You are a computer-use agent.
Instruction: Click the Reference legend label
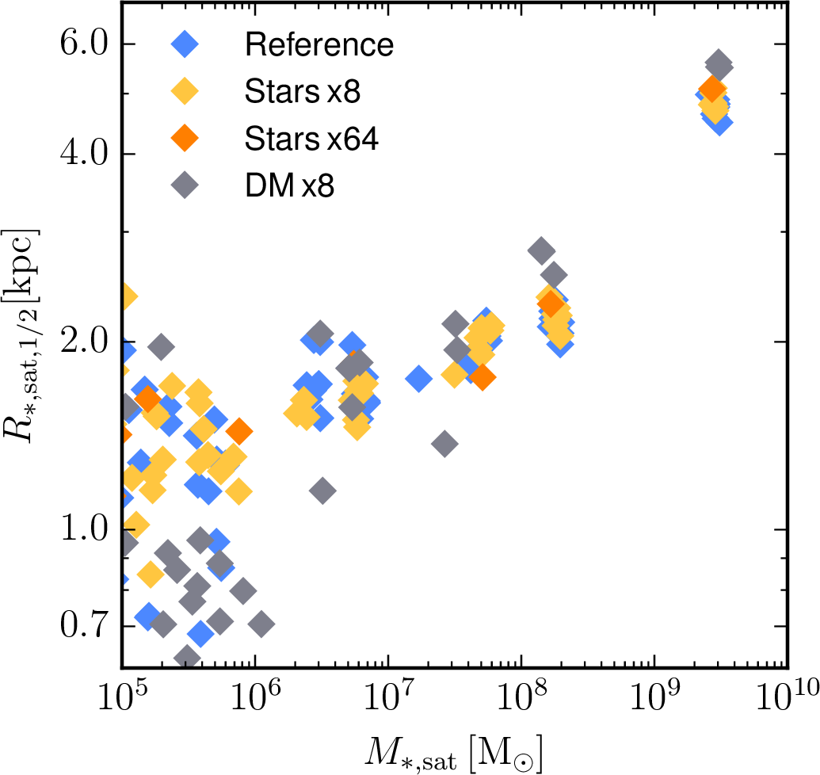318,44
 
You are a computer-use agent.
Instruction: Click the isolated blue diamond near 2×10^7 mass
418,379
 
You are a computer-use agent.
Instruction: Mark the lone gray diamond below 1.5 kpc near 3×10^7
445,444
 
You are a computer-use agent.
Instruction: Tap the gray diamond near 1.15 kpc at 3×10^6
322,491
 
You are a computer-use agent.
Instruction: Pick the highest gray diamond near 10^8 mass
540,251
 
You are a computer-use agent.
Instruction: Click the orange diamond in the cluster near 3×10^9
711,90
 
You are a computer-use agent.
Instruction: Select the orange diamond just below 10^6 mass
239,431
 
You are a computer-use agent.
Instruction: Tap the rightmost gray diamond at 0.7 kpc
261,624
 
